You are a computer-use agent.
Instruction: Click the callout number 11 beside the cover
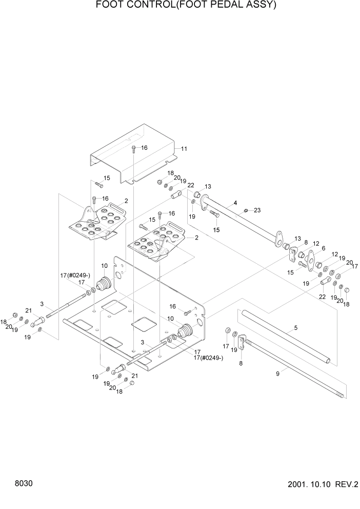(184, 149)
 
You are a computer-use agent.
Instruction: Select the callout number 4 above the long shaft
(235, 203)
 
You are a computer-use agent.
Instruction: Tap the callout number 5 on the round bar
(295, 327)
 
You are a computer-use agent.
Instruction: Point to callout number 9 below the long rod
(278, 374)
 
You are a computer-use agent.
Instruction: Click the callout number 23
(257, 210)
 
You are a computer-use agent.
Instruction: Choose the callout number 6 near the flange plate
(324, 248)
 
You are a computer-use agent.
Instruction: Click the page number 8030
(24, 484)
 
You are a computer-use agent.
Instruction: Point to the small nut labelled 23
(246, 210)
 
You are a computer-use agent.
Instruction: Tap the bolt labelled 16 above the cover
(133, 149)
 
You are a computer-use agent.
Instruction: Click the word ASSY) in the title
(258, 6)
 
